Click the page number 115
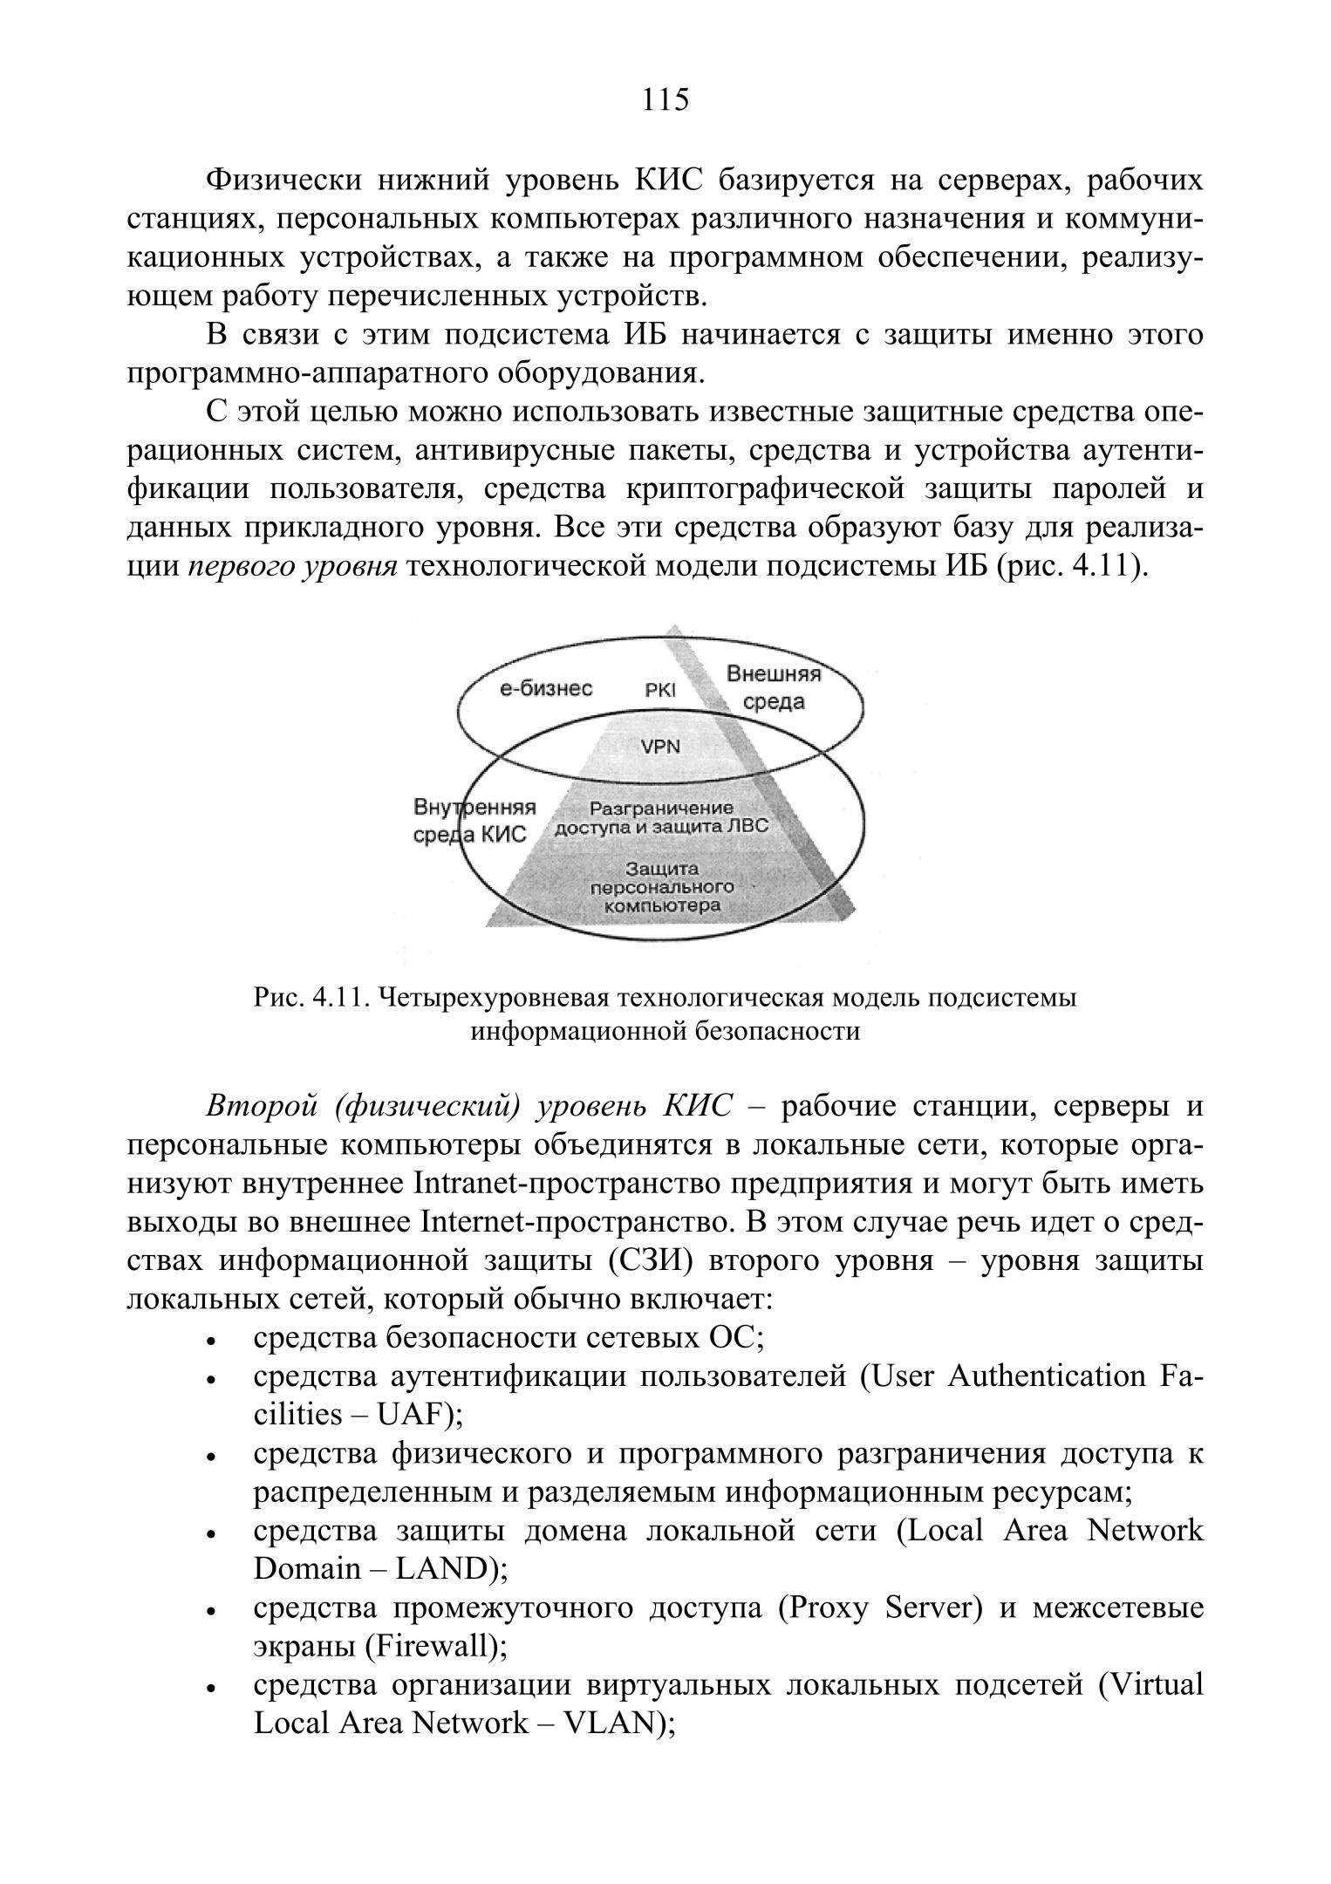pyautogui.click(x=665, y=100)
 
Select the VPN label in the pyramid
pyautogui.click(x=660, y=746)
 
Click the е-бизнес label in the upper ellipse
pyautogui.click(x=546, y=689)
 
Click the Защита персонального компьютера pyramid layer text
pyautogui.click(x=662, y=887)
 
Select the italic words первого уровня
pyautogui.click(x=293, y=567)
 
